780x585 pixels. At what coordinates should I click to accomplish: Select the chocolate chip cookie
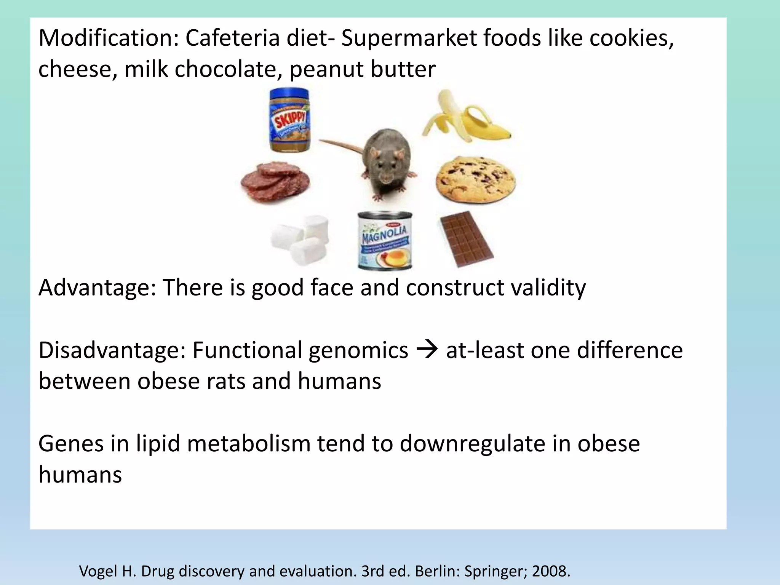tap(476, 179)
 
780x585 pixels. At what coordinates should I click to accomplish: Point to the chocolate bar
tap(466, 239)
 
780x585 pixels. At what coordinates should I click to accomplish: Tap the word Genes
tap(71, 444)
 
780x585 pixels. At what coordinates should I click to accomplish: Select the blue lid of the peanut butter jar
tap(289, 93)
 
